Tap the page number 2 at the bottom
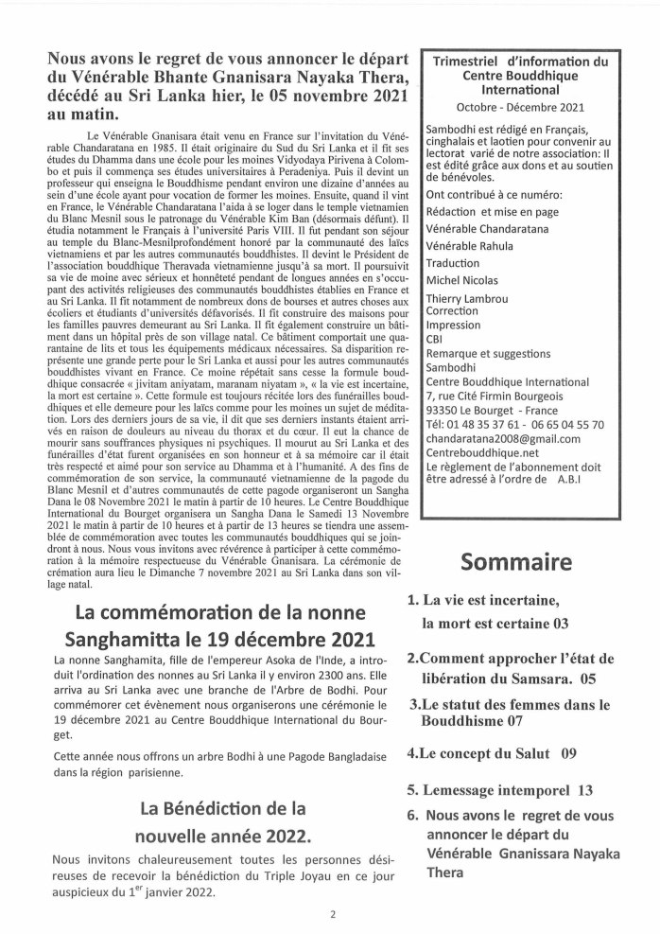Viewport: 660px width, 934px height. [x=333, y=914]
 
